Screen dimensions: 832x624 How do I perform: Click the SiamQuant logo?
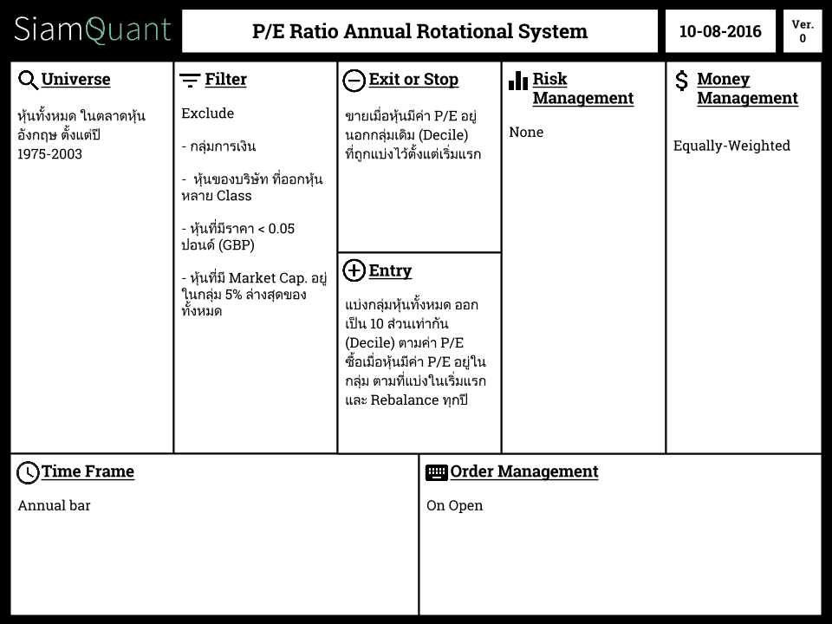[x=93, y=29]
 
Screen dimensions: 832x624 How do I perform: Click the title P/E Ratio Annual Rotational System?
[x=419, y=31]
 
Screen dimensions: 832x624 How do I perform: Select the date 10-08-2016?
[x=720, y=31]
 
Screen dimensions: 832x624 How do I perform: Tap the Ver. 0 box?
[x=803, y=31]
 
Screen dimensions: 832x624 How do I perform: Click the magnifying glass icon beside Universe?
[x=28, y=80]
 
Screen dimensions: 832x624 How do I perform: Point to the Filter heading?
[x=225, y=79]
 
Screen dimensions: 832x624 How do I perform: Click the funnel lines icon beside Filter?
[x=190, y=80]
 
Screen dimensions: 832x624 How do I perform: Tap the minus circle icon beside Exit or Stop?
[x=354, y=81]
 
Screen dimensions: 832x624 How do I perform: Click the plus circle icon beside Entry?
[x=354, y=270]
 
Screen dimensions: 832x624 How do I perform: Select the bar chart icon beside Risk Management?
[x=518, y=81]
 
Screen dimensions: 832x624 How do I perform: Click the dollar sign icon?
[x=681, y=81]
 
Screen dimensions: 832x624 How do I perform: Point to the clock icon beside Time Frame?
[x=28, y=473]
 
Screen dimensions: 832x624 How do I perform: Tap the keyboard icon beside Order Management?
[x=437, y=473]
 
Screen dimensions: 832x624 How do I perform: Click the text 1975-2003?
[x=50, y=154]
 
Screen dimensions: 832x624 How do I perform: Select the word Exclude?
[x=207, y=113]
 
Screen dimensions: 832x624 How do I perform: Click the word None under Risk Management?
[x=526, y=132]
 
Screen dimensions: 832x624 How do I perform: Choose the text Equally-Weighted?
[x=731, y=146]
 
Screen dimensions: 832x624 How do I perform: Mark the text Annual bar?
[x=54, y=505]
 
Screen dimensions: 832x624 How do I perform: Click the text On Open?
[x=455, y=505]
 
